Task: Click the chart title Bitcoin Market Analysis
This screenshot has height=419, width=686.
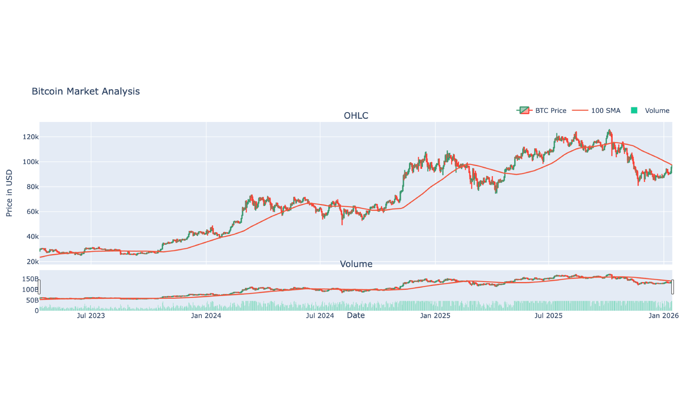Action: [x=86, y=92]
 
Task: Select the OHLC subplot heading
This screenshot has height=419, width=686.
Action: [x=356, y=116]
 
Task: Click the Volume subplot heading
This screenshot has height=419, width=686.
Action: [x=356, y=264]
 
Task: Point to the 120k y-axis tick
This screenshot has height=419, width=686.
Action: [x=31, y=137]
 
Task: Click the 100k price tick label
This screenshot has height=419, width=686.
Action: [x=31, y=162]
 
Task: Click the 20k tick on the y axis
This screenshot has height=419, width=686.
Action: [x=32, y=262]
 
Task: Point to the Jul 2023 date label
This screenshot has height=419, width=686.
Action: [x=91, y=316]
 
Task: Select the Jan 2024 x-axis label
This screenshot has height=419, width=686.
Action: [x=206, y=316]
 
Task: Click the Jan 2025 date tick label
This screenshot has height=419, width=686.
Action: [x=435, y=316]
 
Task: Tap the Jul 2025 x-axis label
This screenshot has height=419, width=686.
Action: [x=548, y=316]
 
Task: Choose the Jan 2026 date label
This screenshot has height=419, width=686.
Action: [x=663, y=316]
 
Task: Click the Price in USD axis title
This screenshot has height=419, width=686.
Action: [x=9, y=193]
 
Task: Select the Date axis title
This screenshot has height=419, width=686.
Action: [x=356, y=315]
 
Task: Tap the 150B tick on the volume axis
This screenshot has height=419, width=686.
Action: [x=30, y=279]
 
